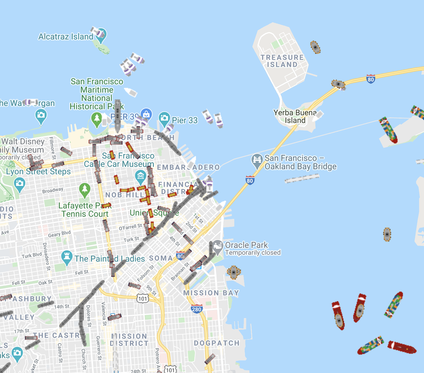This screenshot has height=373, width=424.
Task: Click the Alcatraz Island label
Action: (x=66, y=37)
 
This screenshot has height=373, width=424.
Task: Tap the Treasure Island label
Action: (x=282, y=61)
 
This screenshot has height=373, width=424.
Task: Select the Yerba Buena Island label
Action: (x=295, y=116)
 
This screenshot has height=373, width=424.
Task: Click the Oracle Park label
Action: (x=246, y=245)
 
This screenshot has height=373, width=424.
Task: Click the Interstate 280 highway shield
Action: (x=197, y=309)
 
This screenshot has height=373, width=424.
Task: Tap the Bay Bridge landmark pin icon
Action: (x=257, y=160)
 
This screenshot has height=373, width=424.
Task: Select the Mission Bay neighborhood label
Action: (x=211, y=293)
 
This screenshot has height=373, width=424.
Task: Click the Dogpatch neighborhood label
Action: (x=217, y=343)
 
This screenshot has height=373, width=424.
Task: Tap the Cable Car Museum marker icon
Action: (x=140, y=176)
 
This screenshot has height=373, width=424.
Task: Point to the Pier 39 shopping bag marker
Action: (x=146, y=114)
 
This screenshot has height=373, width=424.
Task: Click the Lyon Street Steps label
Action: (x=38, y=172)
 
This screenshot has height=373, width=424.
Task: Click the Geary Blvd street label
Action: (x=59, y=234)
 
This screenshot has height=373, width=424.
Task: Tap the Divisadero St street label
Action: (x=46, y=257)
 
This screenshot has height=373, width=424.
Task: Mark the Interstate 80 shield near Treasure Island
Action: (x=370, y=79)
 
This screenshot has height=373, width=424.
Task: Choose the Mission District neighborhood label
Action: (x=129, y=340)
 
